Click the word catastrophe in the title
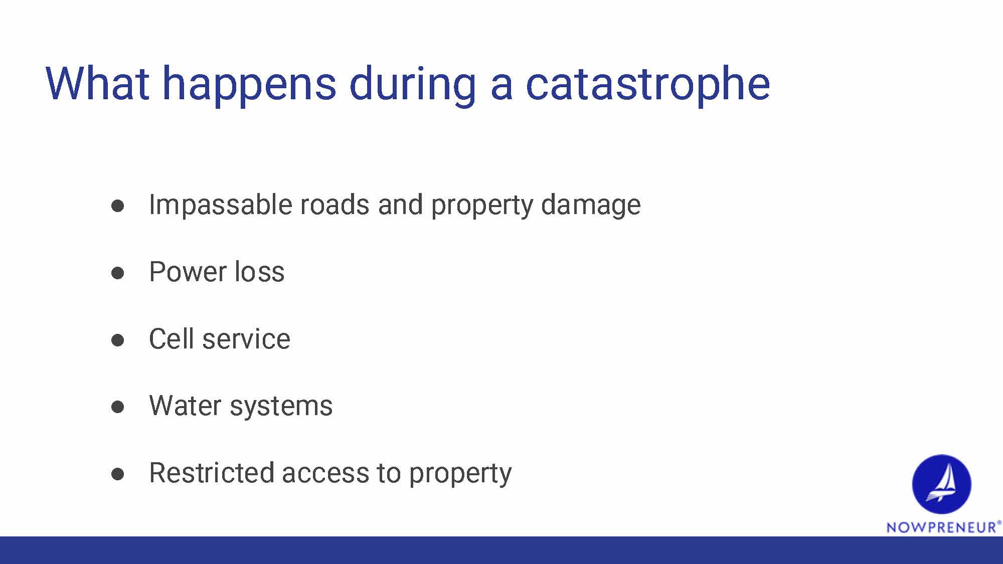click(x=647, y=84)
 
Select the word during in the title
click(x=412, y=84)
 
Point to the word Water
click(x=185, y=406)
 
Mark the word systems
click(x=281, y=407)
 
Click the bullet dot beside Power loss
click(x=118, y=273)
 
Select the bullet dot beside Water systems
click(x=118, y=407)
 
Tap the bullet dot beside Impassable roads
click(x=118, y=206)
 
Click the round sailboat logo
click(x=941, y=484)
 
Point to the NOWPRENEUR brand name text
click(x=942, y=527)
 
